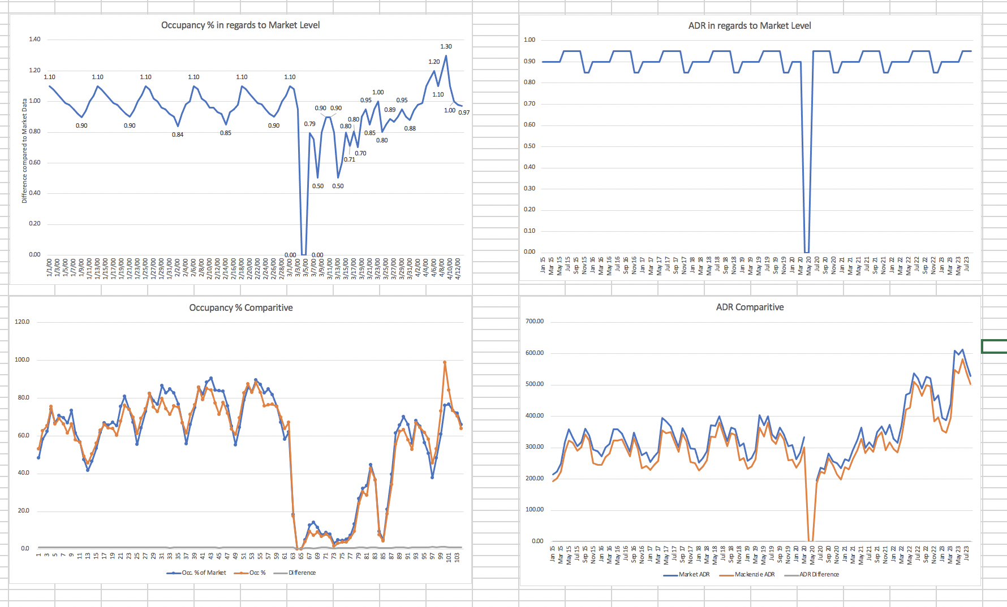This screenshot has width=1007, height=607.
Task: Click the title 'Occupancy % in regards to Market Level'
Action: [x=240, y=25]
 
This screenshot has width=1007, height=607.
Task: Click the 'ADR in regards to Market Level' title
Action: [x=750, y=25]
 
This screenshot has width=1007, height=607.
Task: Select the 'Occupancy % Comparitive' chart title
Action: [x=241, y=307]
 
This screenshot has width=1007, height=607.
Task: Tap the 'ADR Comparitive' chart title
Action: [x=750, y=307]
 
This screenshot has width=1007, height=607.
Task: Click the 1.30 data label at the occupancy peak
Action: [x=446, y=46]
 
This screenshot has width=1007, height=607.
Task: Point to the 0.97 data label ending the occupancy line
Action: [x=464, y=112]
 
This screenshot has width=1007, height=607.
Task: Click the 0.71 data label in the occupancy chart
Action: [x=350, y=159]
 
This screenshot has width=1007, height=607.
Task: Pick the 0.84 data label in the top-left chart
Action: [x=178, y=135]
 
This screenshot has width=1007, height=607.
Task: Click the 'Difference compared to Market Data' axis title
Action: [x=24, y=151]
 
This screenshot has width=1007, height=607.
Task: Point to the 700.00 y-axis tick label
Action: [x=534, y=321]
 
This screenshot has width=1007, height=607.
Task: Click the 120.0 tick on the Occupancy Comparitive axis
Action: [x=22, y=322]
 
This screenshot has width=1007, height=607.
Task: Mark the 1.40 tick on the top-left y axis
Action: [x=35, y=39]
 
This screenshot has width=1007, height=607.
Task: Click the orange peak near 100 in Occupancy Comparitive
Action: [x=445, y=362]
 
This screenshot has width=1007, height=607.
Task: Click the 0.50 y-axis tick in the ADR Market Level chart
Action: [x=529, y=146]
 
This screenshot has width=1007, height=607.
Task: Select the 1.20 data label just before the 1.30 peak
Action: [x=434, y=62]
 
